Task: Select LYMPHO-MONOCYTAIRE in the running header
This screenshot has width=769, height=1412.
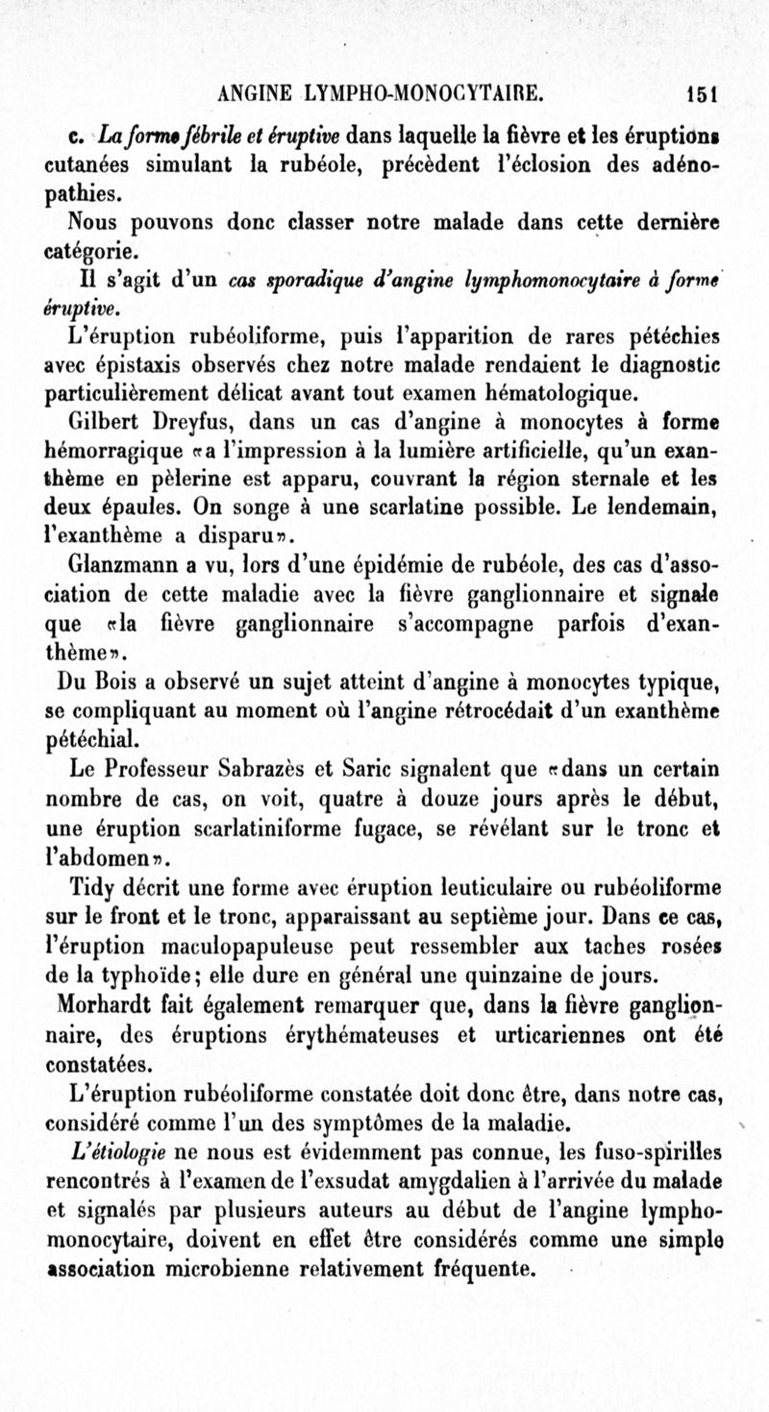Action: pos(429,94)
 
